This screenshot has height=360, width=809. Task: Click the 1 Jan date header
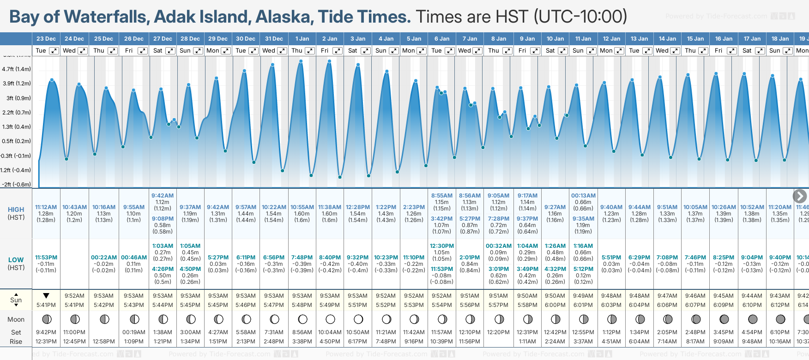(302, 39)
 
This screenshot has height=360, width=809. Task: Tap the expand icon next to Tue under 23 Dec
(54, 51)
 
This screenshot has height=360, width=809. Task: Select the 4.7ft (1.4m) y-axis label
(17, 69)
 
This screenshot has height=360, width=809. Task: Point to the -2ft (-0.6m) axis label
(17, 184)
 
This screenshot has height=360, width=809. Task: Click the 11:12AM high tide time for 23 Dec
(46, 207)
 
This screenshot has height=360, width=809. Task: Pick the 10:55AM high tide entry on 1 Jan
(302, 207)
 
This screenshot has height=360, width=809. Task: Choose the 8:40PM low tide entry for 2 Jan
(330, 258)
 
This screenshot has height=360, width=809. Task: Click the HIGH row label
(16, 210)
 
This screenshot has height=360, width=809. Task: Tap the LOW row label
(16, 260)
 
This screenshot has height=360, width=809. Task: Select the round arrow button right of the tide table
(800, 196)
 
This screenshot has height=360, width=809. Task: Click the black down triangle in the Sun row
(46, 296)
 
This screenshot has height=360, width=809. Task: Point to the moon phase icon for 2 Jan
(330, 319)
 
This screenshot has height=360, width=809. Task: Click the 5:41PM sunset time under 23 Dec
(46, 305)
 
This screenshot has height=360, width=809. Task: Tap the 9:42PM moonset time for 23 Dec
(46, 332)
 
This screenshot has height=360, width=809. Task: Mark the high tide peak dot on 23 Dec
(52, 80)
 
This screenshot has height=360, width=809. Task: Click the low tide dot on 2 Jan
(340, 177)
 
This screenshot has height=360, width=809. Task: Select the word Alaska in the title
(284, 17)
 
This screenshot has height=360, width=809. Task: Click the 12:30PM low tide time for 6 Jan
(442, 246)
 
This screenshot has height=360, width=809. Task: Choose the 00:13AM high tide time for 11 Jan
(583, 196)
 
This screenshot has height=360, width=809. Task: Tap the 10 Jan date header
(555, 39)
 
